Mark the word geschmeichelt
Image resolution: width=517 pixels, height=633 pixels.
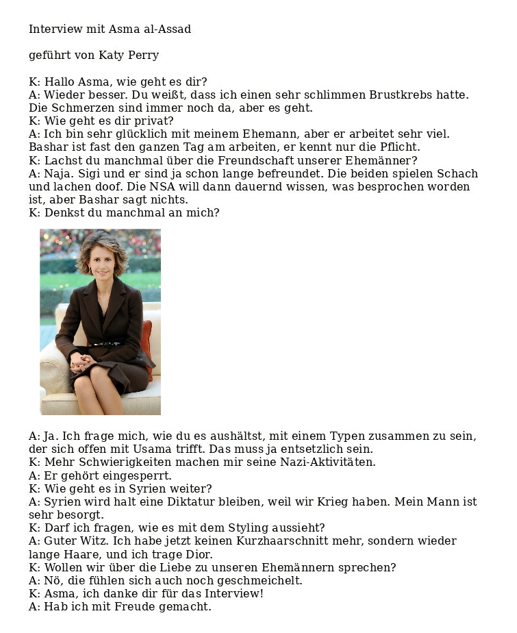[x=259, y=581]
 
